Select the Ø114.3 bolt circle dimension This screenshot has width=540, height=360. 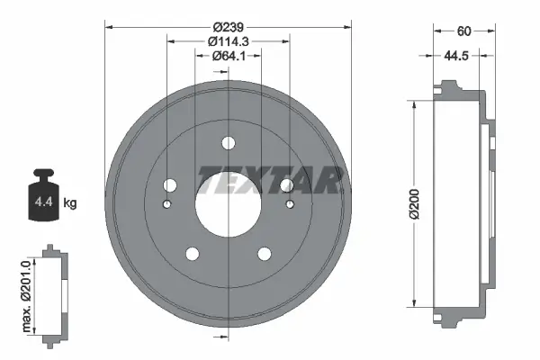229,41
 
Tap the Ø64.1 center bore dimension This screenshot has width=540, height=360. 229,58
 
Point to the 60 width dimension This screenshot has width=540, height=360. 464,31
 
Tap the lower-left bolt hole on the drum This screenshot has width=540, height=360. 192,255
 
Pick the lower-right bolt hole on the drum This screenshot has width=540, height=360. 264,255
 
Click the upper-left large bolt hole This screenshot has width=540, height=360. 168,185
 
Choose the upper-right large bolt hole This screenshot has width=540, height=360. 287,185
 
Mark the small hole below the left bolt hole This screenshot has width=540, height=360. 166,204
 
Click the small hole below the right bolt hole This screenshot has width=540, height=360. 290,204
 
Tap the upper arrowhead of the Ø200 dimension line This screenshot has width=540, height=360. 414,104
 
